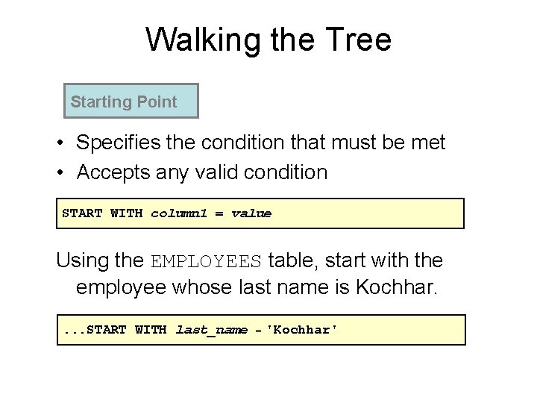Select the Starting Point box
click(131, 101)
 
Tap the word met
click(428, 143)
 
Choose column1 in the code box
click(179, 213)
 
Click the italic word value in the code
click(251, 213)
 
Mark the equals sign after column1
click(219, 213)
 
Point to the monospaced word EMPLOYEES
click(207, 262)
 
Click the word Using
click(84, 261)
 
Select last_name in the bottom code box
click(211, 330)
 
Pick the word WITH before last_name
click(151, 330)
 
